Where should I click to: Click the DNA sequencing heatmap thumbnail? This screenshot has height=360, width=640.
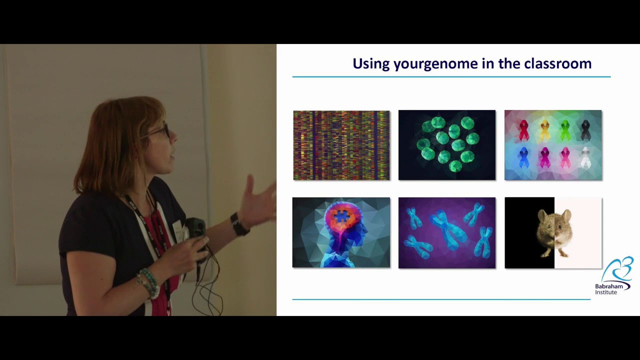(x=341, y=145)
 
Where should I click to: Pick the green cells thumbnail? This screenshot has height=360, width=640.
(x=446, y=145)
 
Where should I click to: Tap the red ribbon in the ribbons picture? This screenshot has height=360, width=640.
(x=523, y=130)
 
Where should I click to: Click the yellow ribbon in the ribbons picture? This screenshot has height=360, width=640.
(x=545, y=130)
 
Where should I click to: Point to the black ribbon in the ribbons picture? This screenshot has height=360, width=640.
(x=585, y=130)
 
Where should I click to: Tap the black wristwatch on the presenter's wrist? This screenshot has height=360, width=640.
(x=239, y=225)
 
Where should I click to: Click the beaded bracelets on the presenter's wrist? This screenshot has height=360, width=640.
(x=148, y=282)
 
